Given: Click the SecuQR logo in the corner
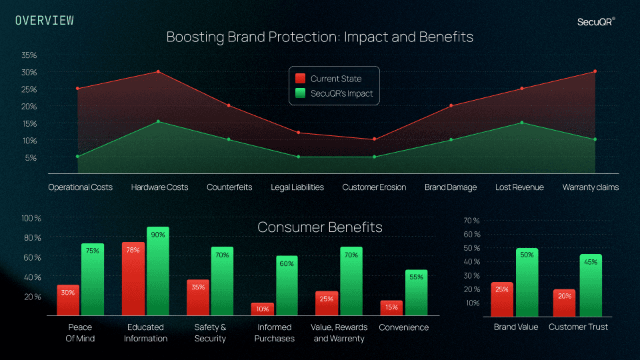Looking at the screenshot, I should pos(595,21).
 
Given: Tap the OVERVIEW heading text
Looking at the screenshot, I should pos(45,21).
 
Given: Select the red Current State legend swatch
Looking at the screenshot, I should pos(300,79).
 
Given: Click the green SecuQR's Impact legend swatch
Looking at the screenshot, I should pos(300,93).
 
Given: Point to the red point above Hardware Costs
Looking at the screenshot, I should pos(158,71).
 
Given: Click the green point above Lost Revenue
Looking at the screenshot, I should pos(521,123).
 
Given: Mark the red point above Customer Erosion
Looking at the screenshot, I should pos(374,139).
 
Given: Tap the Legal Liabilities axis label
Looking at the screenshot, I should pos(297,187).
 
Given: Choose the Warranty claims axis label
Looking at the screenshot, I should pos(590,187).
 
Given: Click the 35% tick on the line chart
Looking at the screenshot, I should pos(29,55).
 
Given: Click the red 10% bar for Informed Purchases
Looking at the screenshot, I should pos(263,309).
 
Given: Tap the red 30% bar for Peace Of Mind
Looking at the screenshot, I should pos(68,300).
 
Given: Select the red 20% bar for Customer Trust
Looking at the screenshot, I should pos(564,303).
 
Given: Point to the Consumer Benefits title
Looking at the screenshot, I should pos(320,227).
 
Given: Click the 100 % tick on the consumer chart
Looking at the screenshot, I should pos(31,218).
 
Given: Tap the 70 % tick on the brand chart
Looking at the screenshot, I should pos(471,220).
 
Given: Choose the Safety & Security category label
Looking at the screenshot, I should pos(210,333).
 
